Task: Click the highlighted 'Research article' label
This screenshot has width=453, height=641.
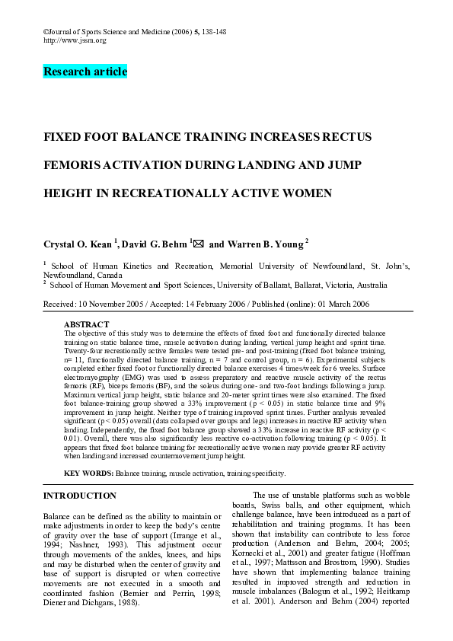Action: tap(85, 72)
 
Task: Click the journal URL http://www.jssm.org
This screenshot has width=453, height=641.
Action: tap(75, 40)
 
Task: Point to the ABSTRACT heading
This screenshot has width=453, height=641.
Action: tap(86, 324)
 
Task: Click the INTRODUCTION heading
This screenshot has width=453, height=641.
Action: tap(80, 496)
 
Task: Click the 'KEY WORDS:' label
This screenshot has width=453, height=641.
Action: tap(88, 473)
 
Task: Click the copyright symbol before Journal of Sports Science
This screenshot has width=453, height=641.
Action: tap(46, 31)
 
